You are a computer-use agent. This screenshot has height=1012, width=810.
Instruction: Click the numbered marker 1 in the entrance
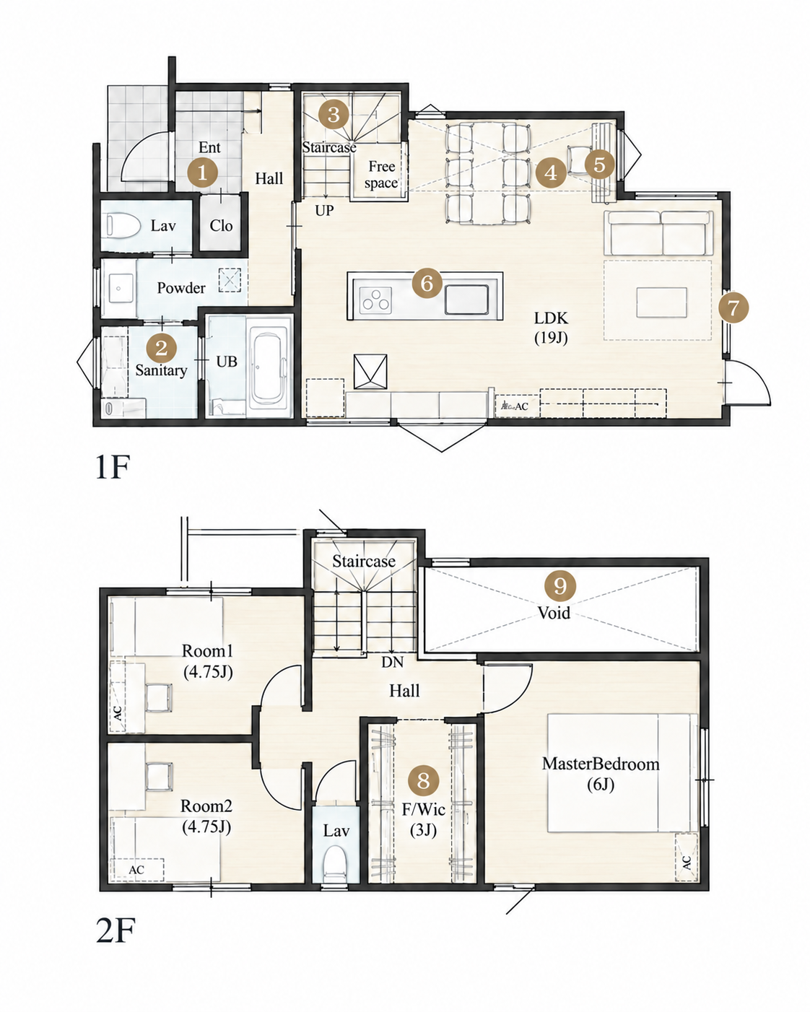tap(202, 173)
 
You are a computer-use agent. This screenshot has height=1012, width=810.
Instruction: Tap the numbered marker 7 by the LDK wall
tap(733, 308)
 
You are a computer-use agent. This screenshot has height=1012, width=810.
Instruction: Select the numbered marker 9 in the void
tap(559, 586)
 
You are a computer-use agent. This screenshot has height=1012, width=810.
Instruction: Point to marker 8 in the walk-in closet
tap(423, 780)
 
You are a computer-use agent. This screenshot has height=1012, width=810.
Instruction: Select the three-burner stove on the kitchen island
tap(376, 300)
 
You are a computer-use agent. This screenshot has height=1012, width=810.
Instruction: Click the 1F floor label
tap(112, 467)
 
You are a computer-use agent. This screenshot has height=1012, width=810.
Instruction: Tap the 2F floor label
tap(116, 930)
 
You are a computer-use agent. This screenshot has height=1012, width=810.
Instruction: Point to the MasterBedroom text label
tap(601, 764)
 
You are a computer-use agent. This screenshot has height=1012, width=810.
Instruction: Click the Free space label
tap(381, 175)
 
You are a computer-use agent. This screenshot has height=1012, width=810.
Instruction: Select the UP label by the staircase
tap(324, 211)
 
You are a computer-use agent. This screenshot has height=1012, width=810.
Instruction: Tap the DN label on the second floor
tap(392, 662)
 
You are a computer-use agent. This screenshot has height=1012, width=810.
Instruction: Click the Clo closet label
tap(221, 226)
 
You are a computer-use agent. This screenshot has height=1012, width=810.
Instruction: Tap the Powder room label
tap(181, 288)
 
